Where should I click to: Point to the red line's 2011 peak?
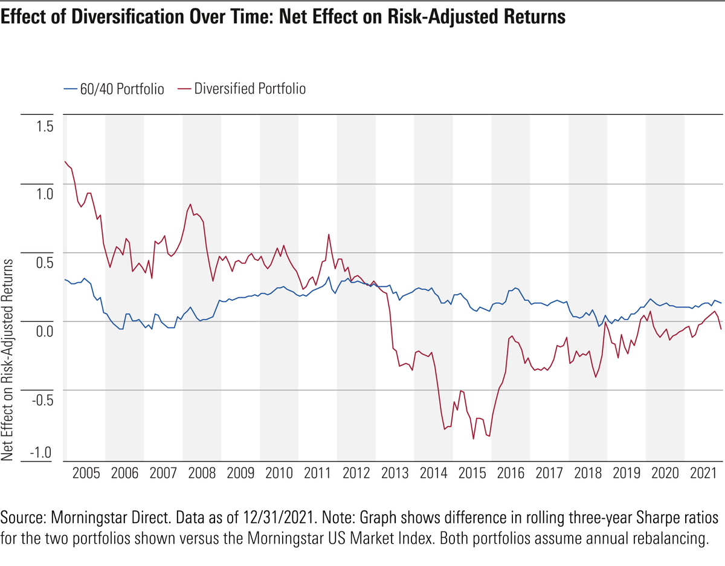[x=328, y=234]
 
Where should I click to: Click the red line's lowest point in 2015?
[x=474, y=439]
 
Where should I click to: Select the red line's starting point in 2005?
[x=65, y=161]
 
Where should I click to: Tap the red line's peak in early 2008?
[x=190, y=204]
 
